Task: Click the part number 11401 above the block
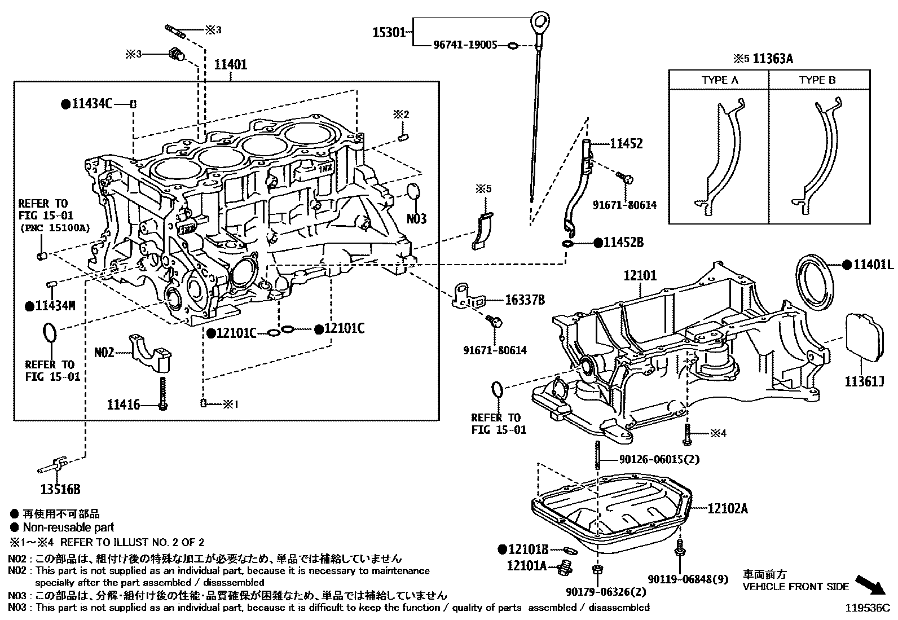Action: coord(230,64)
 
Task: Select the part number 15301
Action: coord(389,33)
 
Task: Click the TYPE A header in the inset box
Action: coord(719,80)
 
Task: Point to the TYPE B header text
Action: coord(817,80)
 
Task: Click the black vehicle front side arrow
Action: coord(870,584)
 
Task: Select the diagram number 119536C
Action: coord(866,608)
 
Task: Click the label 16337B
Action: coord(525,300)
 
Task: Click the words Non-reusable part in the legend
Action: coord(68,527)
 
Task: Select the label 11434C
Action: coord(92,104)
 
